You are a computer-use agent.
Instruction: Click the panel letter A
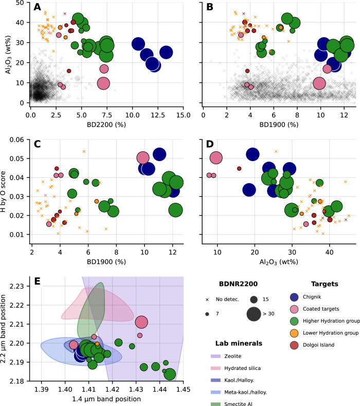[x=38, y=8]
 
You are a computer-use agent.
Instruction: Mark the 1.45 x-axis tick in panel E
[x=184, y=391]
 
